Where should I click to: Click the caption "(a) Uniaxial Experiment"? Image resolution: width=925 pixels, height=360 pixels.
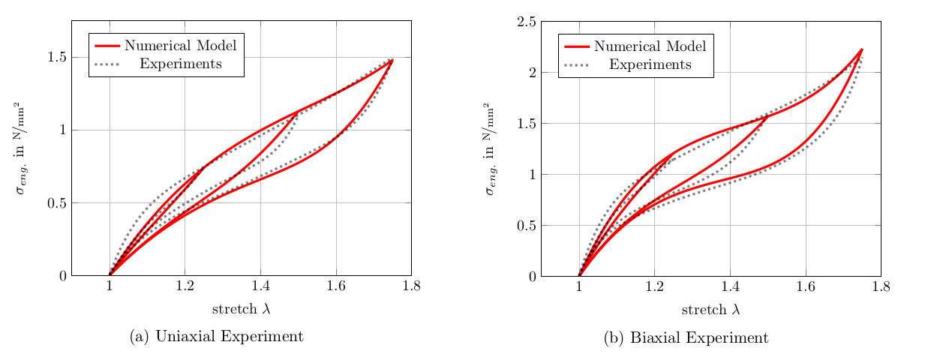click(x=216, y=337)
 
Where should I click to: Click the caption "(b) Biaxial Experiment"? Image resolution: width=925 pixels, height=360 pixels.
click(x=686, y=338)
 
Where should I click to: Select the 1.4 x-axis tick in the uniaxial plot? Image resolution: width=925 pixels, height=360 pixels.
click(x=260, y=286)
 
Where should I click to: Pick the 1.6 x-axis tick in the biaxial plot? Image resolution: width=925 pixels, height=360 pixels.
click(x=805, y=286)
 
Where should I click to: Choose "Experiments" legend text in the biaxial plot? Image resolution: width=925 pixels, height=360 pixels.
click(x=650, y=64)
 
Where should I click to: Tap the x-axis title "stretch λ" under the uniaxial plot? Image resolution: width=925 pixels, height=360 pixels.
click(x=241, y=309)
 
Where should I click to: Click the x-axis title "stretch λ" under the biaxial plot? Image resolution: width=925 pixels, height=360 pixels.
click(x=710, y=309)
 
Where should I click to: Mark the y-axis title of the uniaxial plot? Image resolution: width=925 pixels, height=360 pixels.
click(x=22, y=148)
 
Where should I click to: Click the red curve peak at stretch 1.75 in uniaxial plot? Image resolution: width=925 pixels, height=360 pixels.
click(x=392, y=60)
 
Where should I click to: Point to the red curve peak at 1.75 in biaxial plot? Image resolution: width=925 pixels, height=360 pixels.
click(x=862, y=49)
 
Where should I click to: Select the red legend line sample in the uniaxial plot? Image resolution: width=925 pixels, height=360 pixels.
click(x=107, y=45)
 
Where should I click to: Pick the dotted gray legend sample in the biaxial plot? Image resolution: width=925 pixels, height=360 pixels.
click(x=577, y=64)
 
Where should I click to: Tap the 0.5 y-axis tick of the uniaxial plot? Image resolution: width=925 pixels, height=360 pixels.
click(x=56, y=203)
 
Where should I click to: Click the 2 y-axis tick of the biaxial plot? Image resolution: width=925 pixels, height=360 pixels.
click(x=531, y=73)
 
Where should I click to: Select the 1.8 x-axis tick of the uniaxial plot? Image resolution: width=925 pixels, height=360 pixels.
click(x=411, y=286)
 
